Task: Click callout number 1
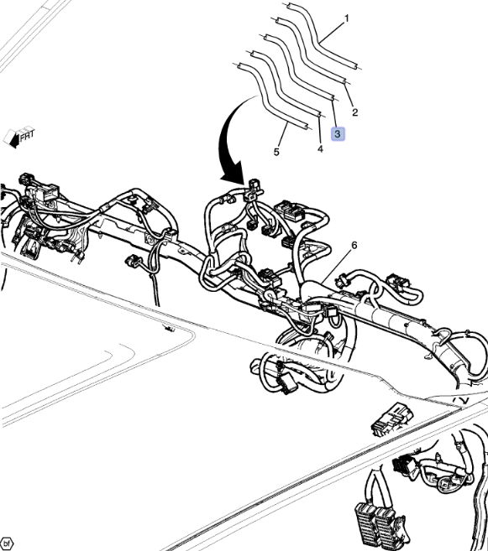pyautogui.click(x=347, y=18)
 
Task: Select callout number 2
pyautogui.click(x=355, y=112)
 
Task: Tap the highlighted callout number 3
pyautogui.click(x=338, y=134)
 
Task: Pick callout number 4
pyautogui.click(x=320, y=149)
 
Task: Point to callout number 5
pyautogui.click(x=276, y=152)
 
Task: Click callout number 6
pyautogui.click(x=354, y=245)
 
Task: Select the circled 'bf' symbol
pyautogui.click(x=6, y=543)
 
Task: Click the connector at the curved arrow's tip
pyautogui.click(x=254, y=190)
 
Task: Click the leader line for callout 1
pyautogui.click(x=332, y=33)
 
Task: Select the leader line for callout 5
pyautogui.click(x=284, y=134)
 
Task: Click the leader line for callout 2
pyautogui.click(x=349, y=96)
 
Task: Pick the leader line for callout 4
pyautogui.click(x=319, y=129)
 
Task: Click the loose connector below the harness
pyautogui.click(x=392, y=419)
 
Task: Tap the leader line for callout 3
pyautogui.click(x=334, y=113)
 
